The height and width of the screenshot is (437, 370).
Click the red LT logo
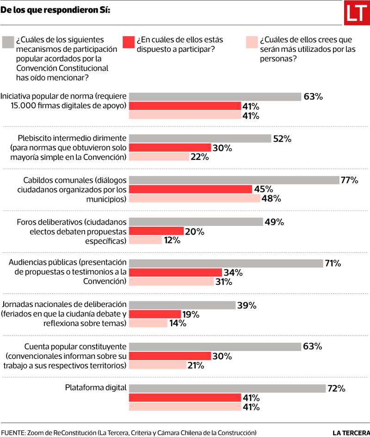pos(357,13)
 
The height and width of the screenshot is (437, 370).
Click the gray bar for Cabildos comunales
pos(234,180)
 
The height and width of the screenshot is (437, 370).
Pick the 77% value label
pos(349,180)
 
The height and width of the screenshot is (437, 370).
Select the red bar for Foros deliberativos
pos(156,231)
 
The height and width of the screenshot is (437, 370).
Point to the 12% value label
pos(171,240)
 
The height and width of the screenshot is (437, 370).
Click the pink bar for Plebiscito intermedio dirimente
pos(159,157)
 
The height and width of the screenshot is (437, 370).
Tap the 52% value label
pos(282,138)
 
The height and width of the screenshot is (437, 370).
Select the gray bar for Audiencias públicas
pos(226,263)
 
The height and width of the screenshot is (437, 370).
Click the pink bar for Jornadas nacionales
pos(148,324)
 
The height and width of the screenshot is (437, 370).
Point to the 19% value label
pos(190,314)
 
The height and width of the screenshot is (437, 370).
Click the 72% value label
pos(336,388)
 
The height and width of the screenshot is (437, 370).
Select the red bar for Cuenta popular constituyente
pos(170,356)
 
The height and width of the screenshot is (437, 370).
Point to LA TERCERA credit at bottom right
pos(351,432)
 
